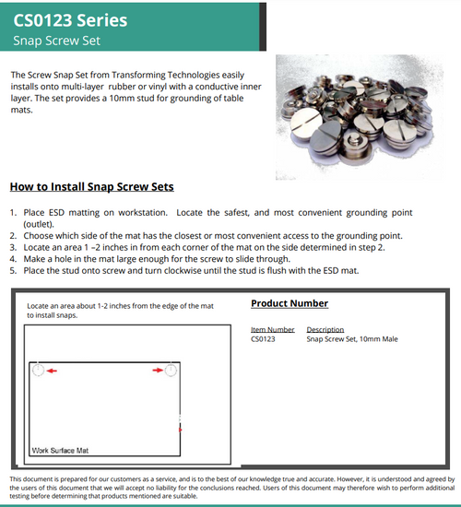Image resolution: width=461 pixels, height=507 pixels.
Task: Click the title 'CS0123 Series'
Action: pos(69,18)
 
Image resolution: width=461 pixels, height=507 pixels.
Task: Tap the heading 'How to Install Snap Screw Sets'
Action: pos(91,186)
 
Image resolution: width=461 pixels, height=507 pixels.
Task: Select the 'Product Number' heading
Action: pos(290,303)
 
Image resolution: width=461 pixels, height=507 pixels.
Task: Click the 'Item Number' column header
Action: pos(272,329)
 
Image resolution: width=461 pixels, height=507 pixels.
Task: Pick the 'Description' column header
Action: pos(325,329)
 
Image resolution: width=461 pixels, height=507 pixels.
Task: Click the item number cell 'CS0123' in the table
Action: pos(264,338)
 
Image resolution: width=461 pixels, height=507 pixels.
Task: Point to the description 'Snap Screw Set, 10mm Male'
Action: pos(350,338)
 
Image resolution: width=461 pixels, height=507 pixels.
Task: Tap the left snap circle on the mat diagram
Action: pos(39,370)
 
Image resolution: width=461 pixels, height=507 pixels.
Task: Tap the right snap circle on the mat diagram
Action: pos(171,370)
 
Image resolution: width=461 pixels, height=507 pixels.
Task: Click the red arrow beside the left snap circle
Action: pos(53,370)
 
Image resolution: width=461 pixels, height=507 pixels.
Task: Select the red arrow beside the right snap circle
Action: pos(158,370)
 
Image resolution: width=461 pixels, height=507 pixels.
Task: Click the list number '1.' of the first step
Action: pos(14,213)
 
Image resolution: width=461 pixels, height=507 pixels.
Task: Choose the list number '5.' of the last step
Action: pos(14,270)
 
